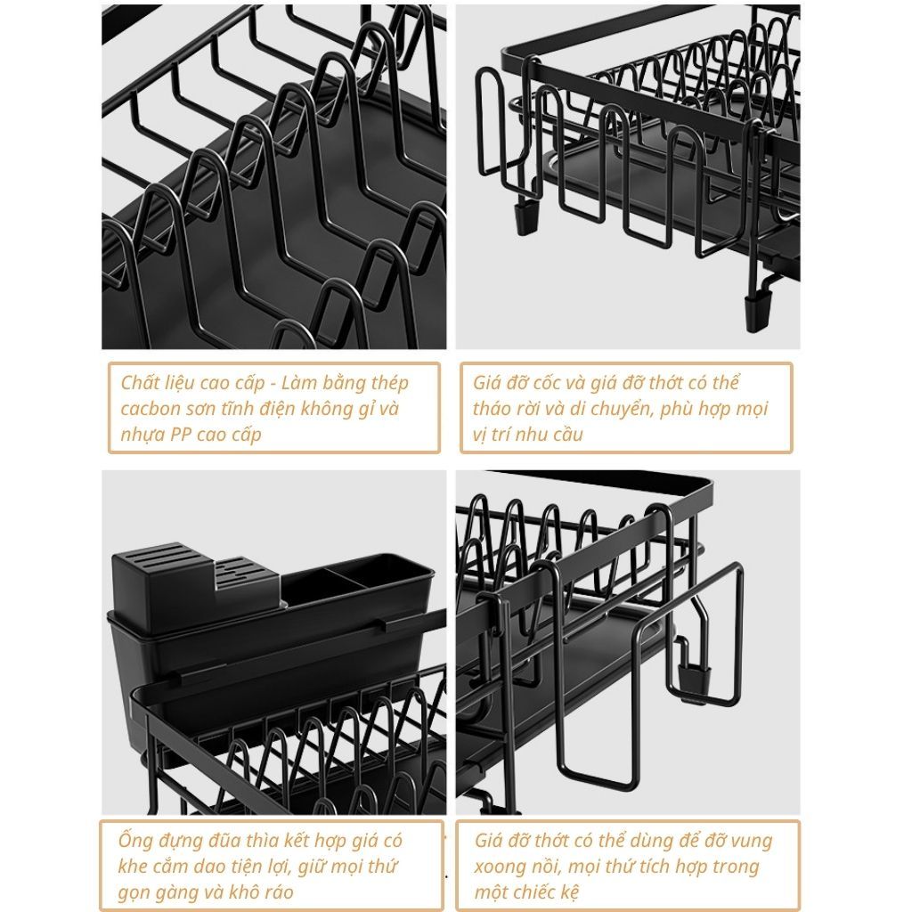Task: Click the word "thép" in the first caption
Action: coord(390,383)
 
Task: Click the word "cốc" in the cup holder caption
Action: coord(564,383)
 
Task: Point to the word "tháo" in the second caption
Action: coord(492,408)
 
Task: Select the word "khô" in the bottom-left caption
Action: coord(252,892)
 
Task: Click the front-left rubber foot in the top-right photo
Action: coord(526,218)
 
